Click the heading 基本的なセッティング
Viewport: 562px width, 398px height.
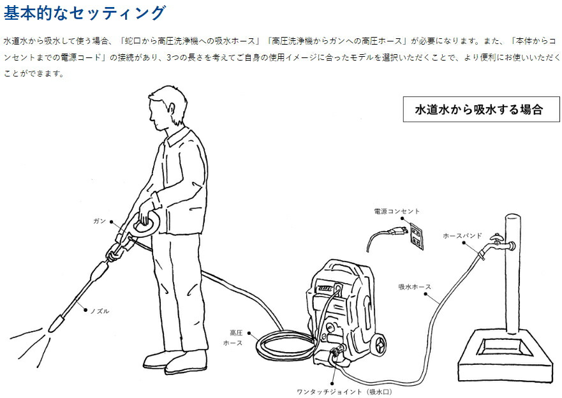click(x=85, y=13)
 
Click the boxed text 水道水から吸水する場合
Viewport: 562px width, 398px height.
click(x=479, y=109)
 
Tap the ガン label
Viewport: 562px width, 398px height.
click(x=100, y=221)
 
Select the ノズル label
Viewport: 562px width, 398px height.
click(x=100, y=311)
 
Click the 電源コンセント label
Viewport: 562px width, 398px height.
click(x=397, y=211)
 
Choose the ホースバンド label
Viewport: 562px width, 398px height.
click(x=462, y=236)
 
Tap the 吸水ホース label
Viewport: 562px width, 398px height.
click(x=415, y=286)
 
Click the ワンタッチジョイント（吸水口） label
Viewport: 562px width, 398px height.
click(x=344, y=392)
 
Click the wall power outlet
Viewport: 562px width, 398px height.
click(x=417, y=236)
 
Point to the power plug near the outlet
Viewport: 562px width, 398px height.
click(x=398, y=232)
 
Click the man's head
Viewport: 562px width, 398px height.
click(x=167, y=107)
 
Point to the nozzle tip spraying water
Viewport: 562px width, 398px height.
click(x=54, y=325)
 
